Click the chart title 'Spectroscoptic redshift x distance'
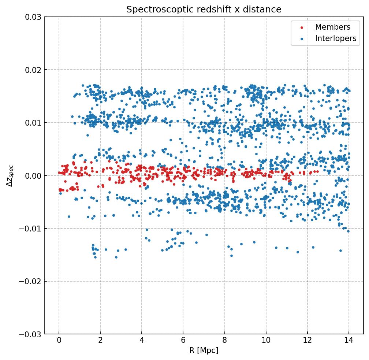coord(204,10)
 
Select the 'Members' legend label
coord(332,27)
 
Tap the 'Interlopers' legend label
coord(335,38)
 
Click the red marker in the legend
coord(302,27)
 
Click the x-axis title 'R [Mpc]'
coord(204,350)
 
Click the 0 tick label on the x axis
coord(59,341)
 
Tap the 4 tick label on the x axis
coord(142,341)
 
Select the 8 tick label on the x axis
coord(224,341)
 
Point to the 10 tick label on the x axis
coord(266,341)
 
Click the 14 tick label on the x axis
coord(348,341)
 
